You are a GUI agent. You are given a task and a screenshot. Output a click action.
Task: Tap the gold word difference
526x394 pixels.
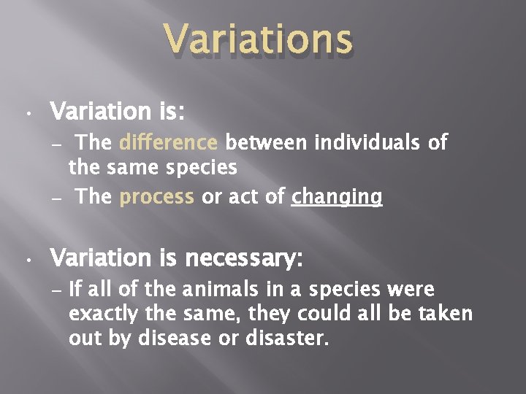coord(168,142)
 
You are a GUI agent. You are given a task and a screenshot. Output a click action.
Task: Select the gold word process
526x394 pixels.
coord(157,196)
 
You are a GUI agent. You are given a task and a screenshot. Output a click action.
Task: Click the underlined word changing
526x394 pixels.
coord(337,197)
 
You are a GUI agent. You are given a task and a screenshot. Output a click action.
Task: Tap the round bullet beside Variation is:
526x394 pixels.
coord(26,115)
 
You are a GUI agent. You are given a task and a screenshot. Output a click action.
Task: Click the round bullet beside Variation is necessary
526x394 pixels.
coord(26,260)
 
